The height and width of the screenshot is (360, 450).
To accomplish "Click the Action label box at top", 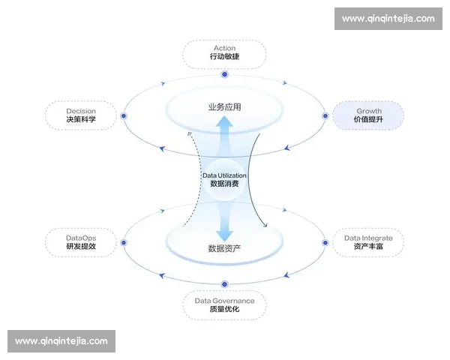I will (224, 52).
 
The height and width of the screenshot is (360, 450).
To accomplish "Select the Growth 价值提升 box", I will (368, 115).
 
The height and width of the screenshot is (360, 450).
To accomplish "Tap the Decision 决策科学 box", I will (81, 115).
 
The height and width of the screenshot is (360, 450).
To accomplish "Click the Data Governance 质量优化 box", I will (224, 305).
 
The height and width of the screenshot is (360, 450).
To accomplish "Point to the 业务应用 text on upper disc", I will (224, 107).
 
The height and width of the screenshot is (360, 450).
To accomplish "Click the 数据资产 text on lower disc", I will (224, 248).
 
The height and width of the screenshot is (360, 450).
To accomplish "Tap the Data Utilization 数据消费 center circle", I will (224, 179).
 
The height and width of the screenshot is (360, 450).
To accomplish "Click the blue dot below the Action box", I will (224, 74).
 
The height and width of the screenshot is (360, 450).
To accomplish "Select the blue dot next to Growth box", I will (325, 115).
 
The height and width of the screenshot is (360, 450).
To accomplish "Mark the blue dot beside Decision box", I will (124, 115).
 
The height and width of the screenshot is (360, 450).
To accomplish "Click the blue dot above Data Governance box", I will (224, 283).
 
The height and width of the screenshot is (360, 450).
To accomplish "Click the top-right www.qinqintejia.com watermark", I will (388, 19).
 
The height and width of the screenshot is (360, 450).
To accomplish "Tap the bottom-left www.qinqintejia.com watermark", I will (61, 341).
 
